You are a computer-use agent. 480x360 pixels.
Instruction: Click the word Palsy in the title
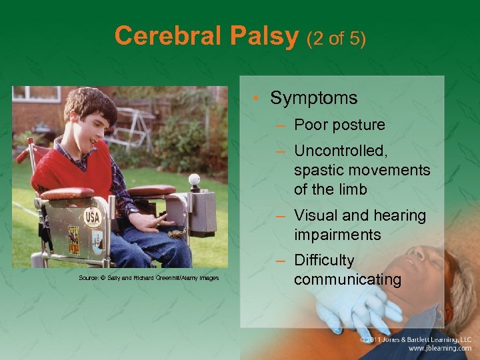[265, 36]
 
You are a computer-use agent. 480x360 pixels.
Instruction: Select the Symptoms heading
[313, 98]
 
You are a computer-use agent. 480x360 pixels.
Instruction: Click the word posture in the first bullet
[360, 125]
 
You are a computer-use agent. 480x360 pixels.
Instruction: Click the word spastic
[320, 171]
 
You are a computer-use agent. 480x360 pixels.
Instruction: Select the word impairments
[337, 235]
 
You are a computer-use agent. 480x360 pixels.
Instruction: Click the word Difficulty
[324, 261]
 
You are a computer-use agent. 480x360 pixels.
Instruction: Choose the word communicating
[347, 279]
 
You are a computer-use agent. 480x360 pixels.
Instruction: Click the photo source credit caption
[148, 278]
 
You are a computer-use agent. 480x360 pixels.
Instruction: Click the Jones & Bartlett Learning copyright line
[416, 339]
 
